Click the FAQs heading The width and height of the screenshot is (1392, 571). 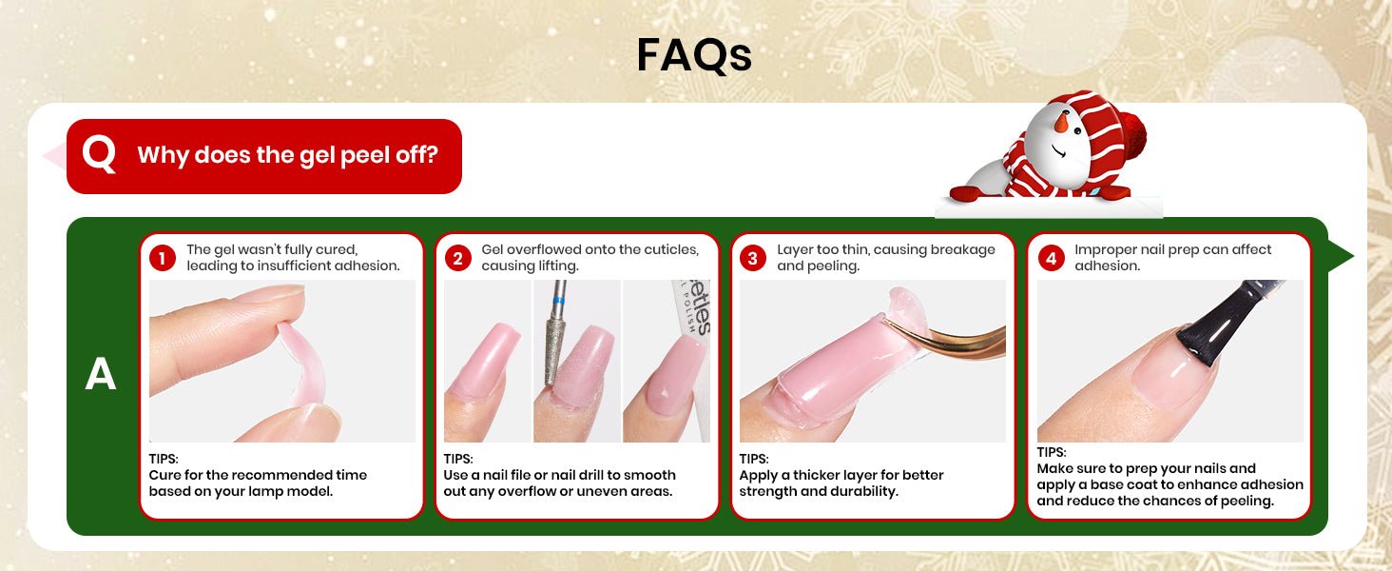pyautogui.click(x=694, y=55)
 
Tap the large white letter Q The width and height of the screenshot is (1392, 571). pyautogui.click(x=100, y=154)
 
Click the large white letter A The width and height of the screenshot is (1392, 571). pyautogui.click(x=101, y=374)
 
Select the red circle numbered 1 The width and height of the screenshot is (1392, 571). pyautogui.click(x=163, y=258)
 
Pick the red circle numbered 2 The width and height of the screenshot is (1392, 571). pyautogui.click(x=457, y=258)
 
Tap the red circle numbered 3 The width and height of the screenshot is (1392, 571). pyautogui.click(x=752, y=258)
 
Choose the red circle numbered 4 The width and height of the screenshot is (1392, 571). pyautogui.click(x=1051, y=258)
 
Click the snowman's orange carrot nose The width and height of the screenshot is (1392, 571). pyautogui.click(x=1061, y=122)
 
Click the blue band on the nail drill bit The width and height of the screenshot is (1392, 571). pyautogui.click(x=559, y=300)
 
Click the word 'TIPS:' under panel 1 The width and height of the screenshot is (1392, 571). pyautogui.click(x=164, y=459)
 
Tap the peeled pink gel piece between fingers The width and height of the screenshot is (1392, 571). pyautogui.click(x=301, y=364)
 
